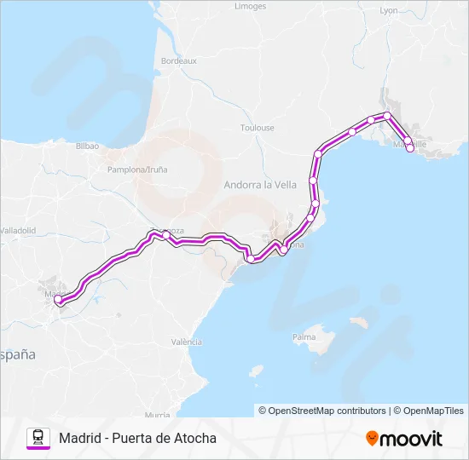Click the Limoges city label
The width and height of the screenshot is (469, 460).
pos(251,6)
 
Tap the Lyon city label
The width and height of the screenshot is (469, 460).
pos(389,11)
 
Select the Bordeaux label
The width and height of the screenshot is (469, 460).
pos(179,61)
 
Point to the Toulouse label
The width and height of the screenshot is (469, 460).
pos(257,128)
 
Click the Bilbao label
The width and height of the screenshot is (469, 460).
pos(88,147)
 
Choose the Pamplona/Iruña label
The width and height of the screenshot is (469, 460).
pos(137,170)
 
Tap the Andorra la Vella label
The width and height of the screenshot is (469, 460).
pos(260,184)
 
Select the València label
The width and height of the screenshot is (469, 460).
pos(186,342)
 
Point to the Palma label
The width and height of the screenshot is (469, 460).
pos(304,337)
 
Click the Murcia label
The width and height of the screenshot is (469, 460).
pos(158,415)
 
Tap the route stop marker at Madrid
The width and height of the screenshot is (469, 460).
pos(58,299)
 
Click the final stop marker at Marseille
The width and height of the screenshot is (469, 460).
pos(410,148)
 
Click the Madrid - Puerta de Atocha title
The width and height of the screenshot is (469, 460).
pos(137,438)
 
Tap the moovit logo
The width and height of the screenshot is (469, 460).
pos(404,438)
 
